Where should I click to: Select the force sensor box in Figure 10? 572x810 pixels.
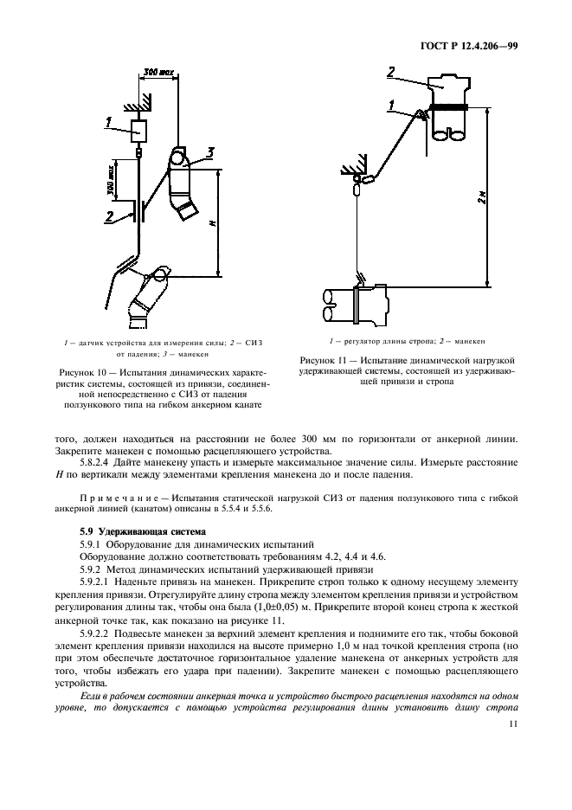click(x=137, y=132)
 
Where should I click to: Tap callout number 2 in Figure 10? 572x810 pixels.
click(x=109, y=215)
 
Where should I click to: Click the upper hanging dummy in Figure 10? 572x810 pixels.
click(x=183, y=189)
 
